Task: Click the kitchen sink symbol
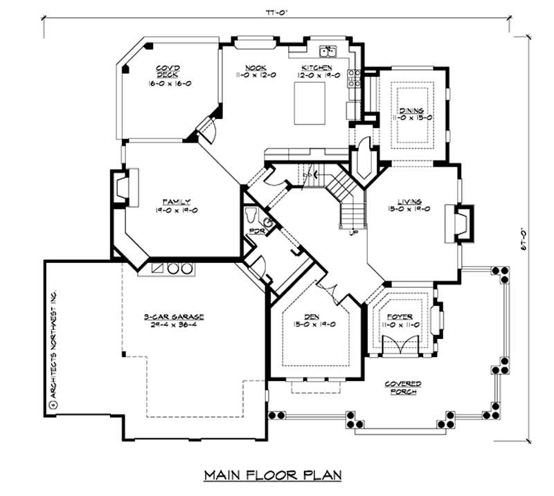pyautogui.click(x=328, y=52)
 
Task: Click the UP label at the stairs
pyautogui.click(x=352, y=233)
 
